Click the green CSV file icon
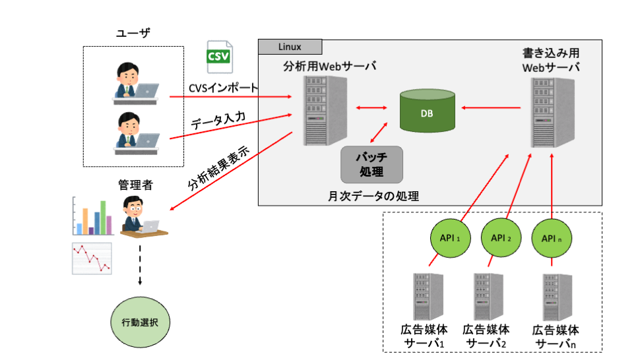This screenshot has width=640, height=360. coord(220,57)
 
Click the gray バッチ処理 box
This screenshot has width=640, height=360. coord(371,164)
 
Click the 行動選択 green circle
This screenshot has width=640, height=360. coord(139,322)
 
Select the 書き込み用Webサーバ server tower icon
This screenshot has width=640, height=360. coord(550,113)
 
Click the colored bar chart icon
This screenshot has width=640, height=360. coord(92,218)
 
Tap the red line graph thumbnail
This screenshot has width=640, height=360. coord(91,258)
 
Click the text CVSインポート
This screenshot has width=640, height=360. coord(224,88)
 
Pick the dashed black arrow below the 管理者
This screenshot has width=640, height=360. coord(140,264)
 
